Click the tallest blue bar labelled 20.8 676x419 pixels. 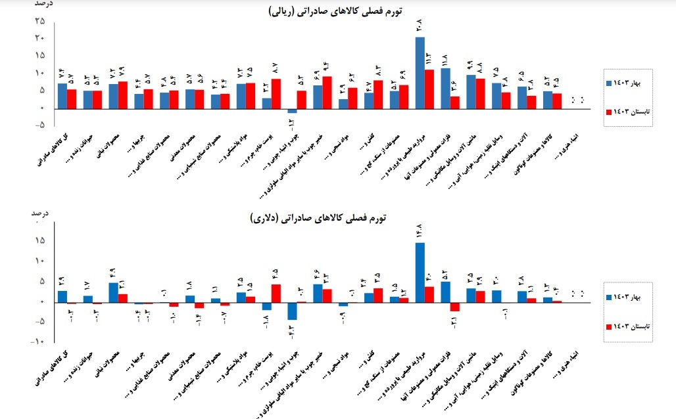click(x=420, y=72)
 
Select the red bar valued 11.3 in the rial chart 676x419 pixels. click(x=429, y=89)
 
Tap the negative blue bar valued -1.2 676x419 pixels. click(x=292, y=110)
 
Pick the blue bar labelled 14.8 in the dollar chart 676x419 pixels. click(x=420, y=272)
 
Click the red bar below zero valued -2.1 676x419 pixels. click(x=455, y=306)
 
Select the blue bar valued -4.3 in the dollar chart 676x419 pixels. click(x=292, y=311)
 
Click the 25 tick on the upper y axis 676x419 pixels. click(x=40, y=21)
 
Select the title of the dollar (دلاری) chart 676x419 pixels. click(x=329, y=219)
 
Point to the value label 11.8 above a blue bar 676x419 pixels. click(x=445, y=60)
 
